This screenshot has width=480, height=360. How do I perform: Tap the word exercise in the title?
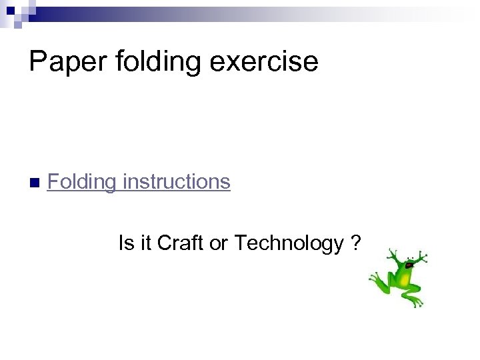point(275,61)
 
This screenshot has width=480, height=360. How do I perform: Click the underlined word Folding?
point(81,182)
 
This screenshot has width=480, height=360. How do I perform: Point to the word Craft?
point(181,243)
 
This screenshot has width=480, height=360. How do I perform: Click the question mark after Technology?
point(356,243)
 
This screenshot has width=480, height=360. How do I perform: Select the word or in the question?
point(219,244)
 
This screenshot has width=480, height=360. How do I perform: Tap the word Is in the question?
point(125,243)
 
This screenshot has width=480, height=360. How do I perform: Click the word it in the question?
point(145,243)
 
